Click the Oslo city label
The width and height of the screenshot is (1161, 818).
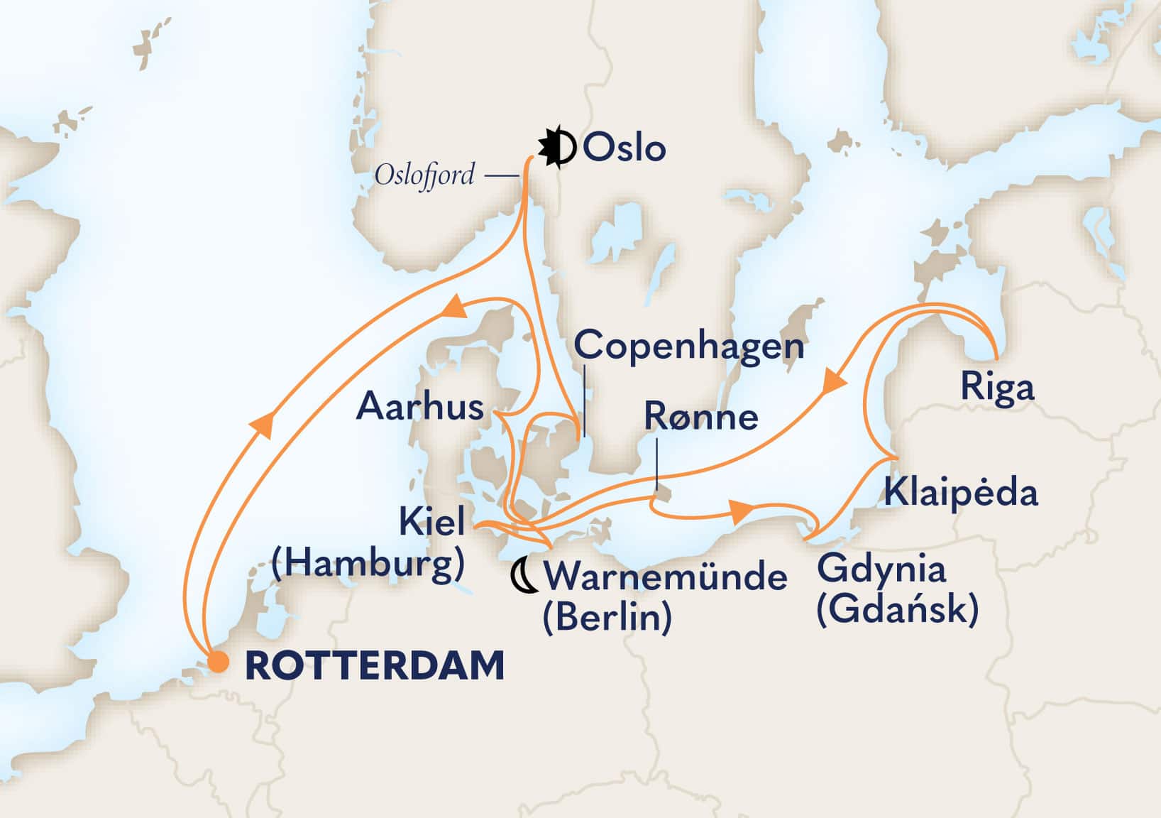(x=624, y=148)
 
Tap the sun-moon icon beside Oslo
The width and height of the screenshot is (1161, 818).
(x=557, y=148)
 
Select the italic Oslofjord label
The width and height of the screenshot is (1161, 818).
(x=424, y=173)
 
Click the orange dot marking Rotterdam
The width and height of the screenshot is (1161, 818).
(x=219, y=663)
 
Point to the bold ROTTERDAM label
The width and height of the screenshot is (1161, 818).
(x=374, y=666)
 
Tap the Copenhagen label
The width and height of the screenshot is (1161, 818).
(x=689, y=346)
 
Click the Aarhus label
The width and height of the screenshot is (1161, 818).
(x=420, y=407)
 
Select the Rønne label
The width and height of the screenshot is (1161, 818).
(x=700, y=417)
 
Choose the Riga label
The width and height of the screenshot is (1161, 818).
(x=996, y=388)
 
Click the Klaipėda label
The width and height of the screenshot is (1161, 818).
(x=960, y=492)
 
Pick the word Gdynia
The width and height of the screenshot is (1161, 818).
(x=881, y=569)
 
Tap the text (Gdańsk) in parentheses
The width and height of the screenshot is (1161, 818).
(x=897, y=609)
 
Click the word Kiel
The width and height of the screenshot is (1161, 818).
(x=432, y=523)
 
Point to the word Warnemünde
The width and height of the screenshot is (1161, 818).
(x=665, y=577)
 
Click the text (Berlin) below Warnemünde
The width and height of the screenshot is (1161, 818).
(x=607, y=617)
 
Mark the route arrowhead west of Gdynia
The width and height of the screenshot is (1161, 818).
(x=742, y=511)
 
